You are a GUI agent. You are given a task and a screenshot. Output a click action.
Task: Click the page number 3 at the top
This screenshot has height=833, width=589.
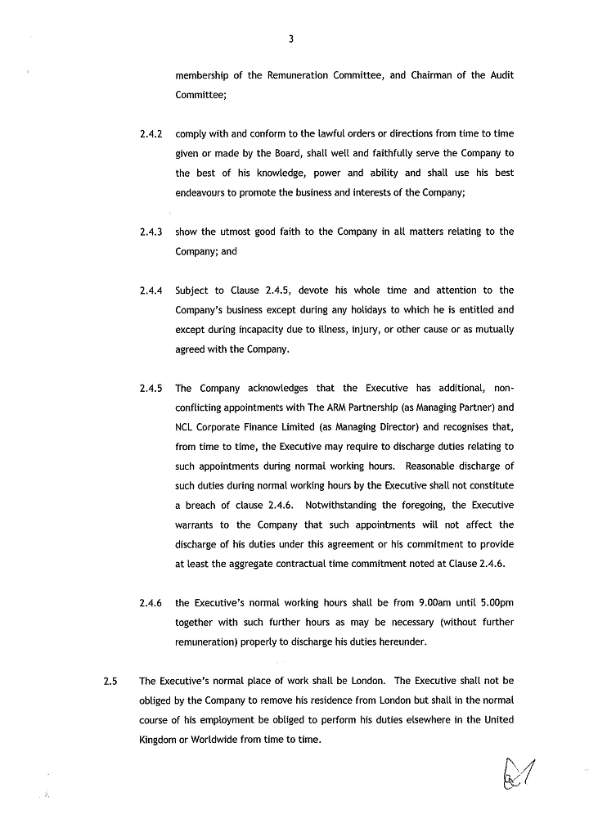click(291, 38)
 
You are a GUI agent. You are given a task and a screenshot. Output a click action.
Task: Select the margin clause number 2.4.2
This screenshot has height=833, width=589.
click(151, 133)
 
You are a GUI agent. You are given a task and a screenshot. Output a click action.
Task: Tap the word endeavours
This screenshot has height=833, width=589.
click(202, 193)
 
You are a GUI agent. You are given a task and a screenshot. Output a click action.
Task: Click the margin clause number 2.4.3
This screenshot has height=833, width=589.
click(151, 232)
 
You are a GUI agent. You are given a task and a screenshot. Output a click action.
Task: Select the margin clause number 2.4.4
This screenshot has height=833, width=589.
click(151, 290)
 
